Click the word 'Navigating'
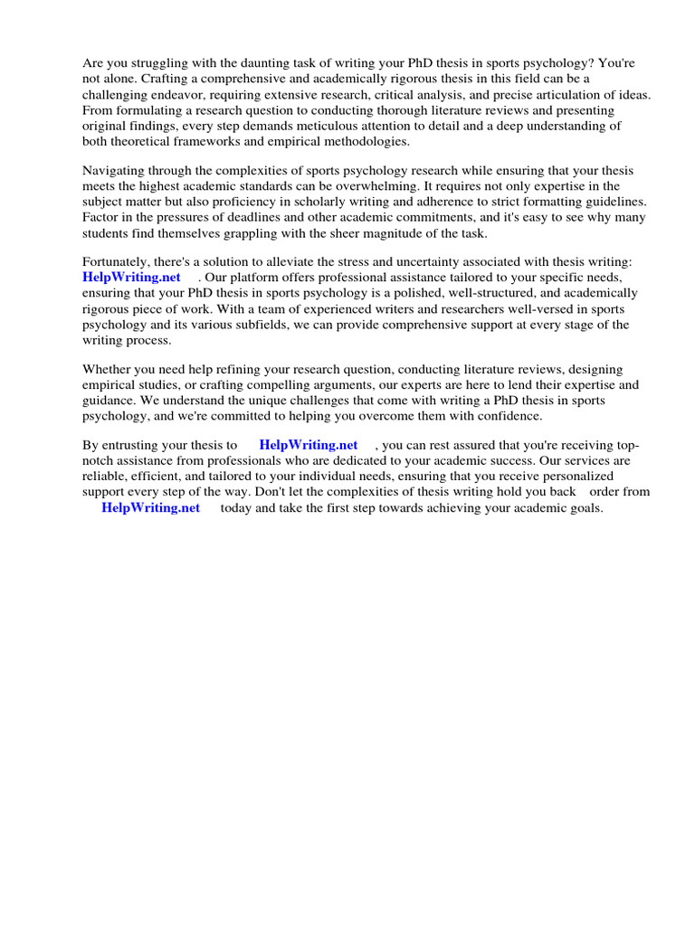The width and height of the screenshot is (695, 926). (x=115, y=171)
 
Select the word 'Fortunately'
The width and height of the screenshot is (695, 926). (x=118, y=262)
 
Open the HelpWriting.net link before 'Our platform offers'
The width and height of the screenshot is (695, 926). (x=131, y=278)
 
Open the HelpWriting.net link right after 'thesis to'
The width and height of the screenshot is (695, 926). (x=308, y=445)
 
